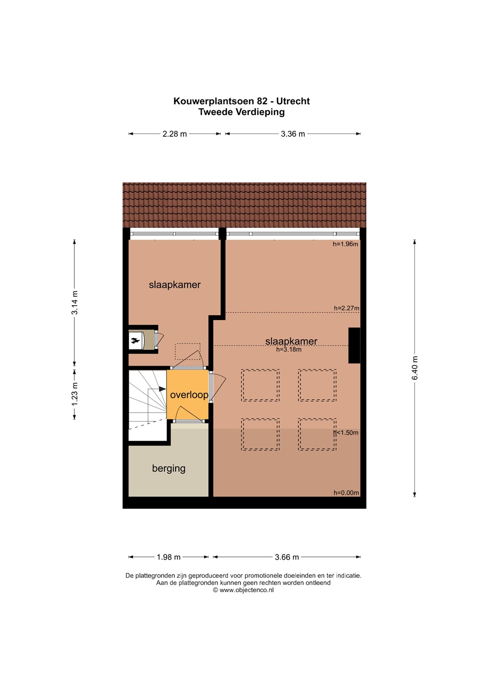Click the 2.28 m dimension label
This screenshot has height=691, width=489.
click(x=175, y=134)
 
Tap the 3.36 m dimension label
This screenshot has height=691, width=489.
click(x=293, y=134)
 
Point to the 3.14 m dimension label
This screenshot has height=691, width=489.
click(x=75, y=303)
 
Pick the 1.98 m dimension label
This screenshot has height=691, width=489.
click(x=168, y=557)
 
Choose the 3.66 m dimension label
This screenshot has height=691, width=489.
click(x=287, y=557)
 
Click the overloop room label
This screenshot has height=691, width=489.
click(x=189, y=395)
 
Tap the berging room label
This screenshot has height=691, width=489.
click(x=169, y=468)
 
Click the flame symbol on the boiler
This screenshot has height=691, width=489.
click(x=135, y=341)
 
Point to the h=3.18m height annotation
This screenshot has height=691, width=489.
click(x=289, y=349)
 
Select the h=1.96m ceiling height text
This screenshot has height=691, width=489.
click(x=346, y=244)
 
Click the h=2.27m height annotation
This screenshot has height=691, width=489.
click(x=347, y=308)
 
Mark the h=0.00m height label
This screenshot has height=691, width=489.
click(x=346, y=493)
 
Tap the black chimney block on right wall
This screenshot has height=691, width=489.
click(x=355, y=345)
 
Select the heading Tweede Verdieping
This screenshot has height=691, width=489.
click(x=241, y=112)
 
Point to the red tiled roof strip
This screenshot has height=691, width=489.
click(x=244, y=205)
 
